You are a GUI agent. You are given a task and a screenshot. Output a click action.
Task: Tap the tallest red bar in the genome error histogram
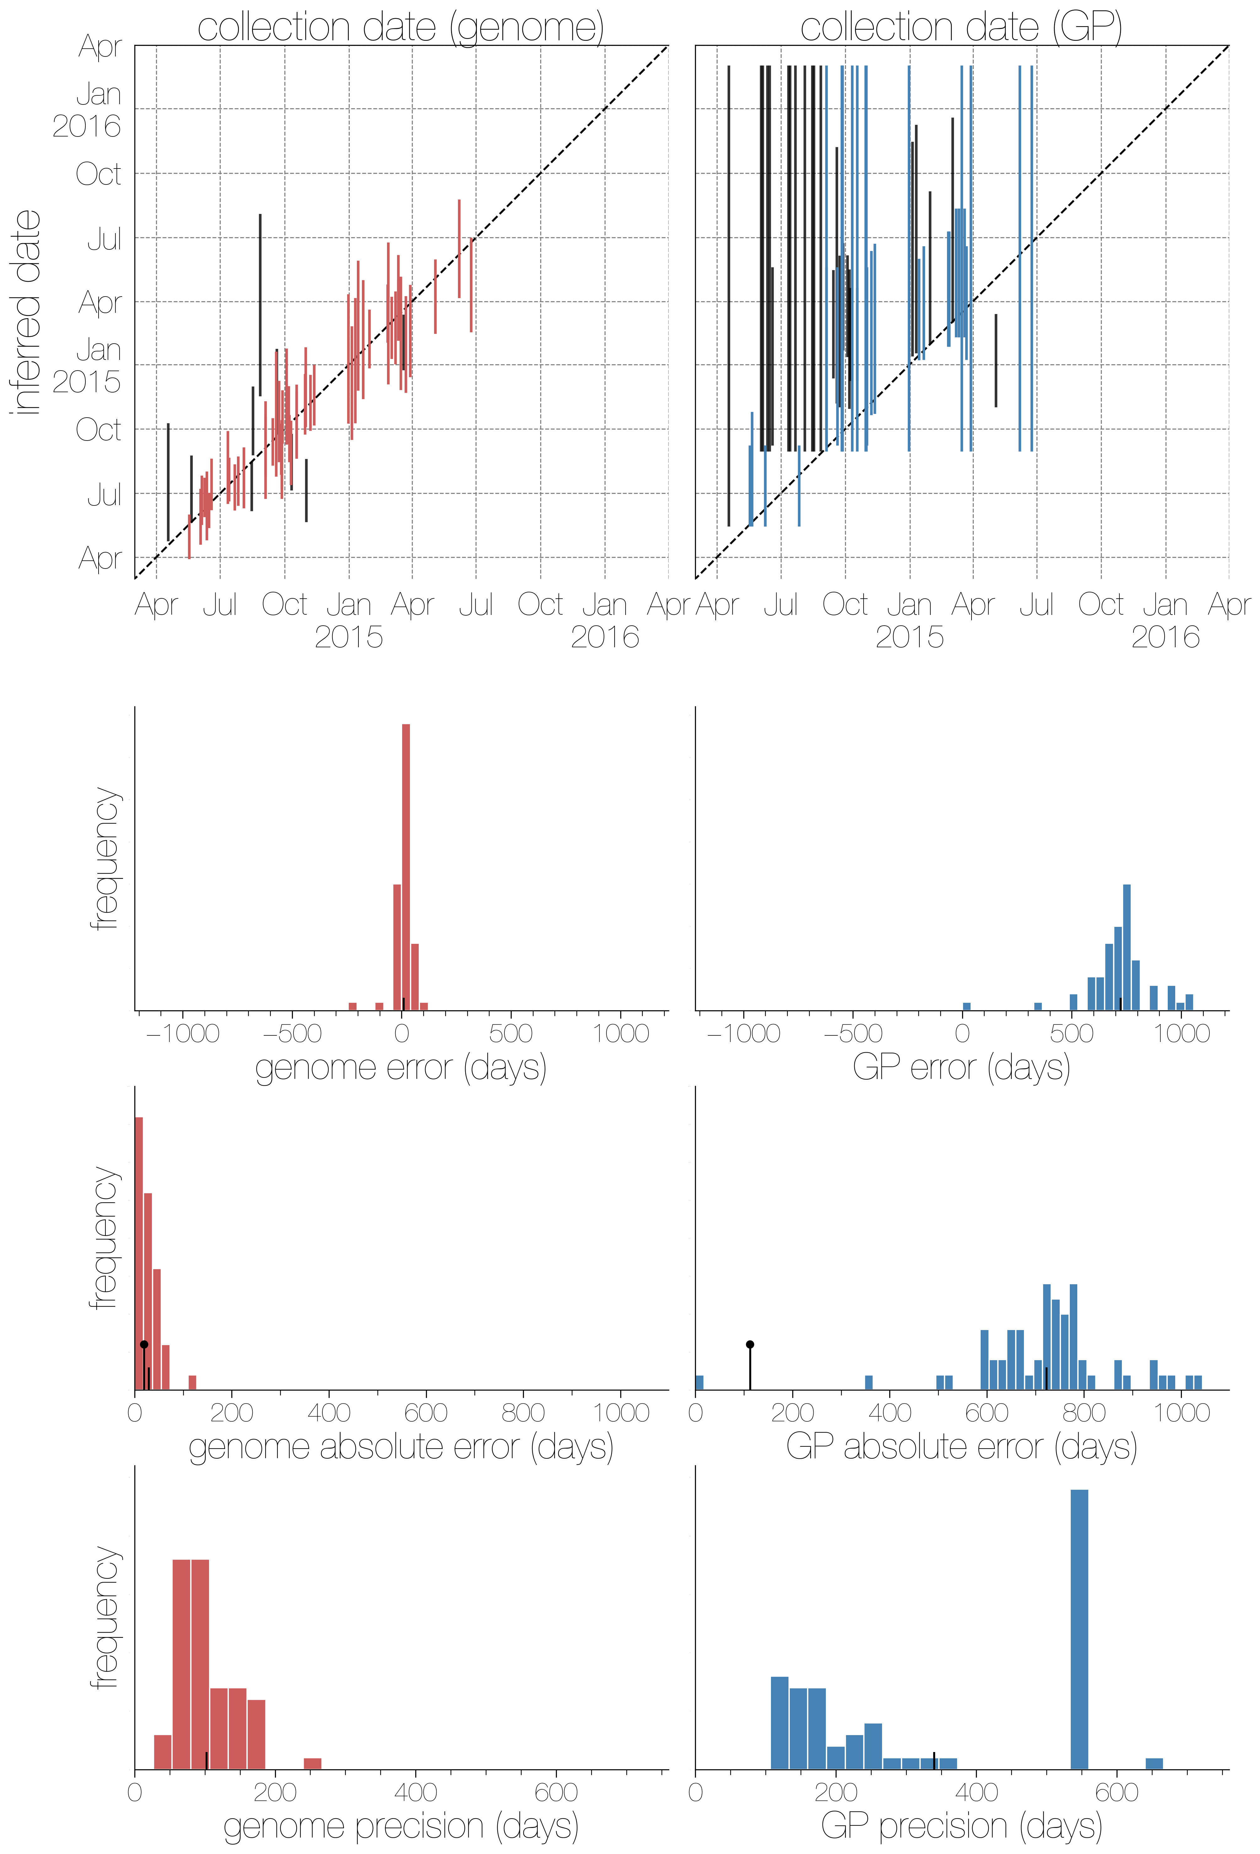tap(405, 867)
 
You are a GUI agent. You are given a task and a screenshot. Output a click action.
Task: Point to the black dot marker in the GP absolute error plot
tap(749, 1344)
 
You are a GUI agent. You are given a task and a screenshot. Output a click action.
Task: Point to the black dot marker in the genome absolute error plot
tap(144, 1344)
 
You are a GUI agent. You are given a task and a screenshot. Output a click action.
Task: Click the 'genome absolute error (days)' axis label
tap(401, 1446)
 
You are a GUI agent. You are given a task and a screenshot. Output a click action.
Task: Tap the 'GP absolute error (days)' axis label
tap(961, 1446)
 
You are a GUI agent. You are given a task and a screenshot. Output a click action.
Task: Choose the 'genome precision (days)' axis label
tap(401, 1826)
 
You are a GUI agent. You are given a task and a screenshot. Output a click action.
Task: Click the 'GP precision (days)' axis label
tap(961, 1826)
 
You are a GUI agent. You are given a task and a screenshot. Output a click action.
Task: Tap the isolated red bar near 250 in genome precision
tap(312, 1764)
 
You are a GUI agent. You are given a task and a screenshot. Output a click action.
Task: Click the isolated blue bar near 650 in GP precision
tap(1154, 1764)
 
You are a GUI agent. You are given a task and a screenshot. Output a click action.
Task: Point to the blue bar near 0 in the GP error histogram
tap(967, 1007)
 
